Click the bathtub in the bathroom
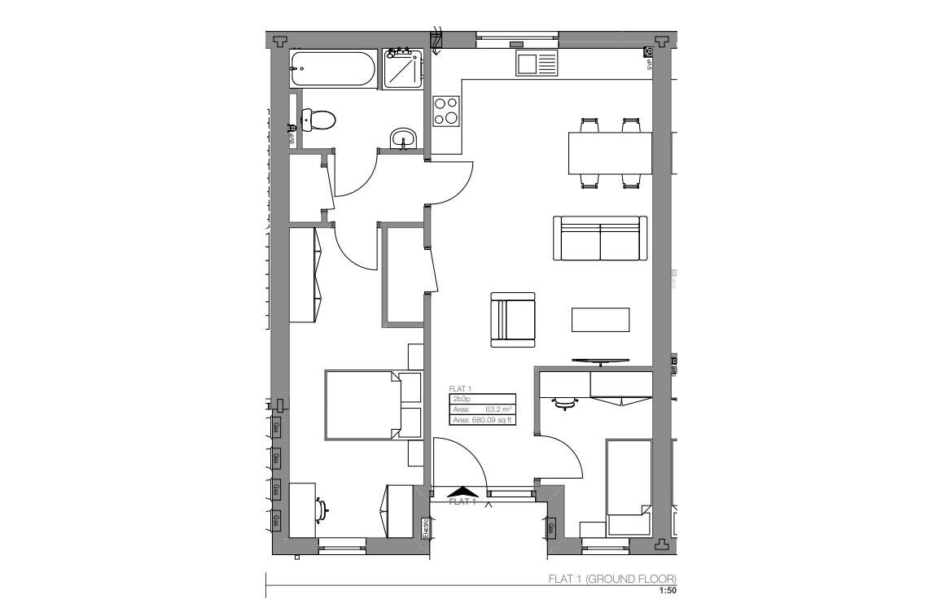point(334,68)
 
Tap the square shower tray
point(403,69)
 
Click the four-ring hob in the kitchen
point(446,111)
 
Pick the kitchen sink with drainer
point(536,63)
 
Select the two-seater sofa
point(600,238)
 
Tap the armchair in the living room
point(513,319)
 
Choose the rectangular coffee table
point(601,319)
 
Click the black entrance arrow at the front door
point(462,491)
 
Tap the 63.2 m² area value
point(497,409)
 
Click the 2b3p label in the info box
point(461,400)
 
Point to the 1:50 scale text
point(667,591)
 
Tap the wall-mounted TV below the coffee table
point(600,360)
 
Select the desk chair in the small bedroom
point(564,402)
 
